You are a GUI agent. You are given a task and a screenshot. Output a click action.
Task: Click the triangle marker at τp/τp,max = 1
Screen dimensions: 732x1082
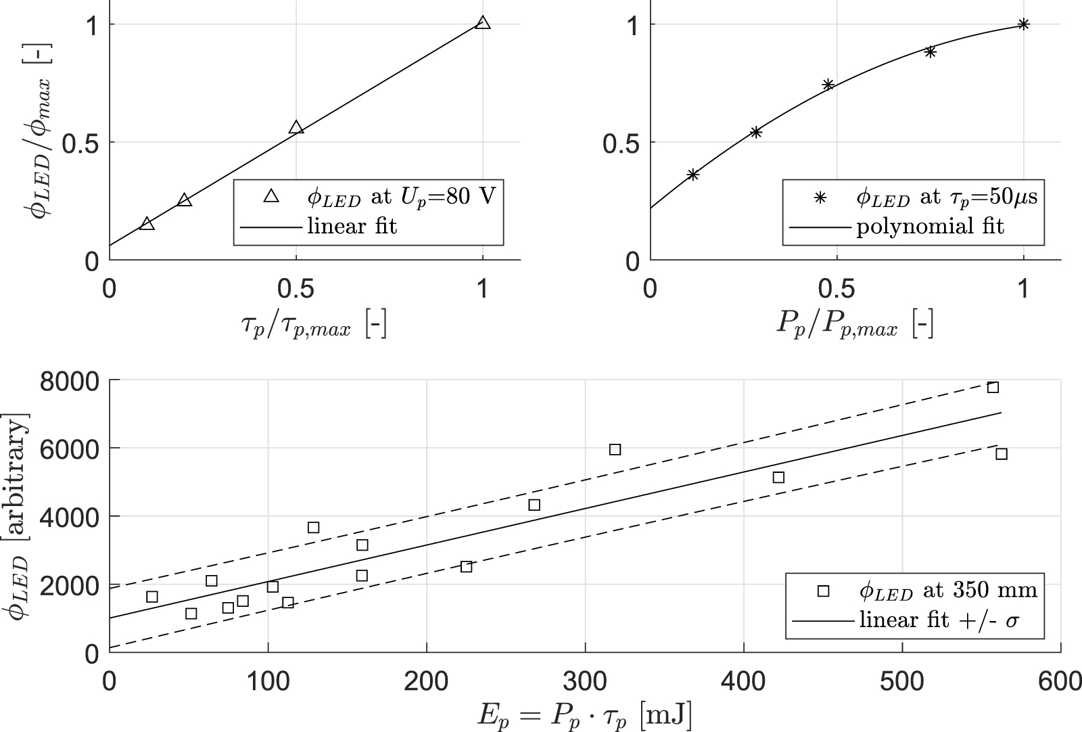click(482, 23)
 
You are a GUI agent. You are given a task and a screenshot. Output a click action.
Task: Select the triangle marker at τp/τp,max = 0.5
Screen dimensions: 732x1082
click(296, 127)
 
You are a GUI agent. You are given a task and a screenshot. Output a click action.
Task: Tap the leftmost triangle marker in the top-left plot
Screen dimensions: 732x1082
click(147, 224)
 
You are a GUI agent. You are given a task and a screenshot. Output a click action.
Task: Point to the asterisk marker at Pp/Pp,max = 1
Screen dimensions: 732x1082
click(1023, 24)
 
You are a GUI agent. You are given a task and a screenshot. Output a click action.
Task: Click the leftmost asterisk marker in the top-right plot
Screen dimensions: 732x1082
click(692, 175)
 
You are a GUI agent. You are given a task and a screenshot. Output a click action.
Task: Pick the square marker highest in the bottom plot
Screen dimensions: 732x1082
click(993, 387)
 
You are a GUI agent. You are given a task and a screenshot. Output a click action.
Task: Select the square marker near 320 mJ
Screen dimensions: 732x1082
click(615, 449)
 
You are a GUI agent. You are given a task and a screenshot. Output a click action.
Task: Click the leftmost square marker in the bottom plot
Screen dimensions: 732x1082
click(152, 597)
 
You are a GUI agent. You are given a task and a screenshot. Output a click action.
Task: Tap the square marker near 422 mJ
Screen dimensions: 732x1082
click(778, 477)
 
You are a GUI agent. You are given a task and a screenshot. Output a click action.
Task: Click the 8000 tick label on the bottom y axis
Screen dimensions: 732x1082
click(70, 381)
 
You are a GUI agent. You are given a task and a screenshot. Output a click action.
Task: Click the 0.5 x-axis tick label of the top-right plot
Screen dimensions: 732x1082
click(837, 289)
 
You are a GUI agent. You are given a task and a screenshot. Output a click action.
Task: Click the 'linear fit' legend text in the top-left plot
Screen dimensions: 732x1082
click(352, 226)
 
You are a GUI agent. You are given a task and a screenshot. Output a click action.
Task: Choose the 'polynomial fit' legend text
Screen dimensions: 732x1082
click(931, 226)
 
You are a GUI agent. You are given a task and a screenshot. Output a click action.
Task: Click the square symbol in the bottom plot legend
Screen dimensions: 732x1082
click(822, 591)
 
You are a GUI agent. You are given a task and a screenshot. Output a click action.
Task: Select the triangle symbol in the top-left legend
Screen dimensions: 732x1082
click(271, 196)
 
